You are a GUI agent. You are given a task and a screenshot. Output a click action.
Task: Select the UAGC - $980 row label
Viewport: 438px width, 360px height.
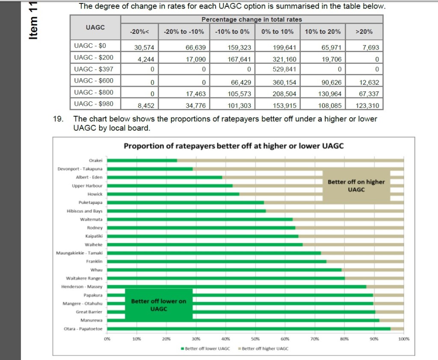pyautogui.click(x=90, y=104)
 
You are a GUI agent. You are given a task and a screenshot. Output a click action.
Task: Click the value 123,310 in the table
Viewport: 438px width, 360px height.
pyautogui.click(x=367, y=105)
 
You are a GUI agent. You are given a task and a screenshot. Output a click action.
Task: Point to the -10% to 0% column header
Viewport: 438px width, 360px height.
pyautogui.click(x=232, y=31)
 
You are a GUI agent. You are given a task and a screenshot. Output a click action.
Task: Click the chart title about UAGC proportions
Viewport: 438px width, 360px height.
pyautogui.click(x=234, y=146)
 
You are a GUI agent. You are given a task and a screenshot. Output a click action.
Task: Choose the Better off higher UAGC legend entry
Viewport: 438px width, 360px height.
pyautogui.click(x=263, y=348)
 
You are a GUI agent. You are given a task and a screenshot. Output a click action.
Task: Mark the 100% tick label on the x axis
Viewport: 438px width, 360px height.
pyautogui.click(x=403, y=339)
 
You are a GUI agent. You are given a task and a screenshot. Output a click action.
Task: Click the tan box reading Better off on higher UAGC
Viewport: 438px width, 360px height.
pyautogui.click(x=356, y=186)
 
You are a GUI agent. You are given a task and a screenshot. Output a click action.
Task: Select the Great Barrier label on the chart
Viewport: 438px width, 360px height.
pyautogui.click(x=89, y=312)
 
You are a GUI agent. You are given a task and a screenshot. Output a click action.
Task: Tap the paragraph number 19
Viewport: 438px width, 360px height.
pyautogui.click(x=58, y=119)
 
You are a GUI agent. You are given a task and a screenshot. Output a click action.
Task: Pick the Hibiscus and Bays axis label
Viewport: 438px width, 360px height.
pyautogui.click(x=85, y=211)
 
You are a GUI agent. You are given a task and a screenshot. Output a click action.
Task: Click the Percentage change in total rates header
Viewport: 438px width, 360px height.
pyautogui.click(x=252, y=19)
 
